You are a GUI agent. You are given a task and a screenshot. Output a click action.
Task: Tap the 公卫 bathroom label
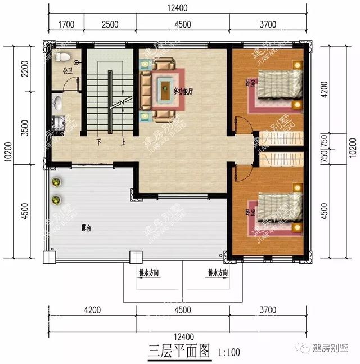pos(67,71)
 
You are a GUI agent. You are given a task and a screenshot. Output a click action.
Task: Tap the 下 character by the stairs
pos(99,142)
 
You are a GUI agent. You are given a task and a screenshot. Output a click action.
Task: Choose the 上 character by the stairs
pos(123,142)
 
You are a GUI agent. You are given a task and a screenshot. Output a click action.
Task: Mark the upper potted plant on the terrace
pos(56,182)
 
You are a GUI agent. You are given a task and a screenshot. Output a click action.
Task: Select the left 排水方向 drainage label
pos(149,273)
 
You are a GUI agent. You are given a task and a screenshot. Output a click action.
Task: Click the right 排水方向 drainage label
pos(218,273)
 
